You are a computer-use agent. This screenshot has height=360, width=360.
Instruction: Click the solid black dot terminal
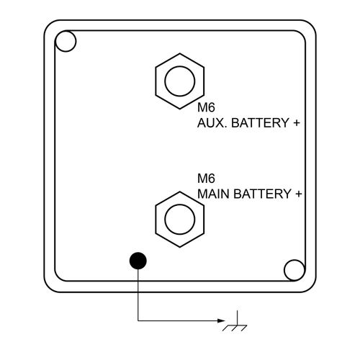pyautogui.click(x=138, y=261)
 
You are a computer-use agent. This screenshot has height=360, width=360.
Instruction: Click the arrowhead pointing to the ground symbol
pyautogui.click(x=221, y=320)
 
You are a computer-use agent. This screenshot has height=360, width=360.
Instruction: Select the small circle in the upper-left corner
pyautogui.click(x=66, y=41)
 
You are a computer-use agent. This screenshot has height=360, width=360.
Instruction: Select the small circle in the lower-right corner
pyautogui.click(x=294, y=270)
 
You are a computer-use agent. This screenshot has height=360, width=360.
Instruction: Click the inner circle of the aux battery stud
pyautogui.click(x=180, y=81)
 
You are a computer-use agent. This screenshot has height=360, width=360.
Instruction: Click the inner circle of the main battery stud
pyautogui.click(x=180, y=220)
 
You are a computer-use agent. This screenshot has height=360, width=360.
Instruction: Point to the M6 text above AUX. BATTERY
pyautogui.click(x=206, y=107)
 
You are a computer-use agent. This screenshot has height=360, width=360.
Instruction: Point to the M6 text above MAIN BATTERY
pyautogui.click(x=206, y=179)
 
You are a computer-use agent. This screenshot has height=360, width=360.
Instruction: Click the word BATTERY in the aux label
pyautogui.click(x=260, y=123)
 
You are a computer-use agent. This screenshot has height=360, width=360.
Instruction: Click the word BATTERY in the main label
pyautogui.click(x=262, y=194)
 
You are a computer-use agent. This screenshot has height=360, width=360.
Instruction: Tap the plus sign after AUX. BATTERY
pyautogui.click(x=297, y=123)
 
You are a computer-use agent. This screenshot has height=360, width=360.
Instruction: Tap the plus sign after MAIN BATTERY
pyautogui.click(x=299, y=194)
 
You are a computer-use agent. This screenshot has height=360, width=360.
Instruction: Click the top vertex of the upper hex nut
pyautogui.click(x=180, y=53)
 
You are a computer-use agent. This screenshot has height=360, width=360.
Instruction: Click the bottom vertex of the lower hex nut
pyautogui.click(x=180, y=247)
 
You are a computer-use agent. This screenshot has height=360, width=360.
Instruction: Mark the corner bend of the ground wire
pyautogui.click(x=138, y=320)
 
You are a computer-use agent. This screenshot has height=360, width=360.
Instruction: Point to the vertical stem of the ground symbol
pyautogui.click(x=237, y=318)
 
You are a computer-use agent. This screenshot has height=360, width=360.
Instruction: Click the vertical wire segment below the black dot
pyautogui.click(x=138, y=294)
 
